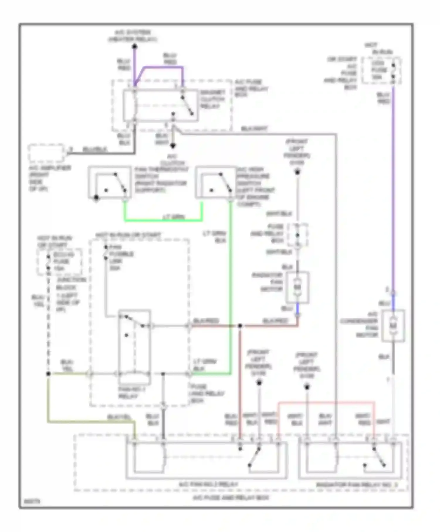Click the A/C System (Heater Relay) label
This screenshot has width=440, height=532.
[133, 35]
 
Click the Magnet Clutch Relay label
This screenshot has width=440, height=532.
[212, 99]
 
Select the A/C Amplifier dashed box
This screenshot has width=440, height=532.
[46, 153]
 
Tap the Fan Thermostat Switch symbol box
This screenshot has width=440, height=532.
[110, 183]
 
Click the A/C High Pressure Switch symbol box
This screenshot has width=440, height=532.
[216, 183]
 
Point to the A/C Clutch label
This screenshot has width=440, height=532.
[172, 160]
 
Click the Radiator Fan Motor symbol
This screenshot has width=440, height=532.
[297, 287]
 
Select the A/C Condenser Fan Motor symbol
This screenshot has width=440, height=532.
[393, 326]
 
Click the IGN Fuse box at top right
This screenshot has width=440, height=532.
[381, 70]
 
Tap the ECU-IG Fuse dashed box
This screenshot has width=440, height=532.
[60, 262]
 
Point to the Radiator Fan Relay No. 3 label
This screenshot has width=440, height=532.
[356, 485]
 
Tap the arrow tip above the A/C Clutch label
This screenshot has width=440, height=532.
[173, 146]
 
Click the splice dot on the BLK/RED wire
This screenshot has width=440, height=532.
[240, 326]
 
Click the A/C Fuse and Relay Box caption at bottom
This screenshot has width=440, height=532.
[231, 498]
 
